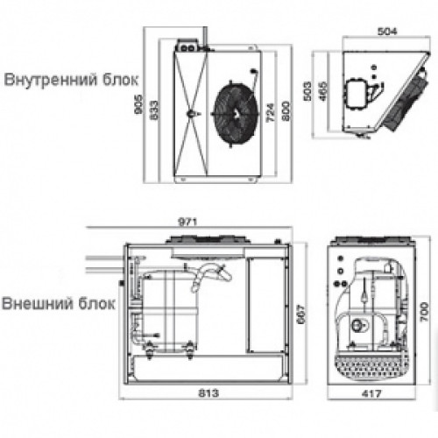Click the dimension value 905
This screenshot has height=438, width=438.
139,104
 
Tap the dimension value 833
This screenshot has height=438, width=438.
154,109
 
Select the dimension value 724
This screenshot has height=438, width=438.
271,112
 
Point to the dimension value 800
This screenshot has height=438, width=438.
286,110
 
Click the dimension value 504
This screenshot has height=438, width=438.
387,32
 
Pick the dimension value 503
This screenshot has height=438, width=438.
307,91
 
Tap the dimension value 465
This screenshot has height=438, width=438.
323,91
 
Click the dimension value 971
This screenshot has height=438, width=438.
187,222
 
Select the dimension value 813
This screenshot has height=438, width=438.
208,393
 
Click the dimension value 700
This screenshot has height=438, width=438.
424,312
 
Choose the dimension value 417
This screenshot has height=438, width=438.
371,394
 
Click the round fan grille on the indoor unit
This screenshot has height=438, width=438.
236,114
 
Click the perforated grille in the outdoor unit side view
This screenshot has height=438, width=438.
371,368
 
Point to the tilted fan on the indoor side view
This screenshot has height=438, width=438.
406,99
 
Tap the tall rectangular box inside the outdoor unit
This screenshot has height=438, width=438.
266,305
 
